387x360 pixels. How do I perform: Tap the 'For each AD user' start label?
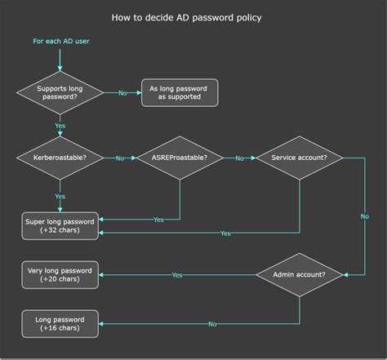click(60, 41)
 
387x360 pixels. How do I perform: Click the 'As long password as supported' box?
click(180, 92)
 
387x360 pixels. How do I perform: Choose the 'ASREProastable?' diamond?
click(180, 158)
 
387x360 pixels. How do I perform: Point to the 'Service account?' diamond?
click(300, 158)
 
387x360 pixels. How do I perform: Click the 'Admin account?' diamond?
click(300, 275)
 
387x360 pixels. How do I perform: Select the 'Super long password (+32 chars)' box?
click(60, 225)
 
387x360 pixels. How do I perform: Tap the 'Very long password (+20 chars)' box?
click(60, 275)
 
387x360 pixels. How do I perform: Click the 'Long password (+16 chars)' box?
click(60, 323)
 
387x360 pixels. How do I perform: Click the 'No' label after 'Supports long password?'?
click(122, 93)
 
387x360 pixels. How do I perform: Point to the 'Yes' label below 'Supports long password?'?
click(60, 127)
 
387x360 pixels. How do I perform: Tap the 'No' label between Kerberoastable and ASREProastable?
click(120, 158)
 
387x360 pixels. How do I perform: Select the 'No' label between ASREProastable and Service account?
click(239, 158)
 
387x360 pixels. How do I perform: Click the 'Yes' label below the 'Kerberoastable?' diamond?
click(60, 197)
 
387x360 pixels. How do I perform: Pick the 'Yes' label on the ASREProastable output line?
click(158, 219)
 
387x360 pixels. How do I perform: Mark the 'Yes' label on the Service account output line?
click(225, 233)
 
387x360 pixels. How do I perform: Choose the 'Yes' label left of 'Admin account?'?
click(177, 275)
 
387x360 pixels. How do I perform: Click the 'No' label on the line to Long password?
click(212, 324)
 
